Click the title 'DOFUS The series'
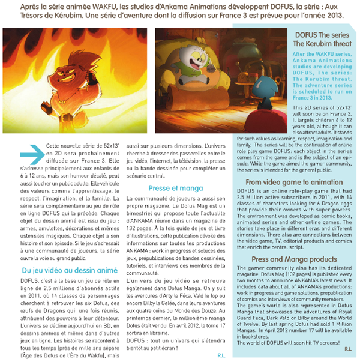point(321,35)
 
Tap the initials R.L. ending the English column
point(348,348)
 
